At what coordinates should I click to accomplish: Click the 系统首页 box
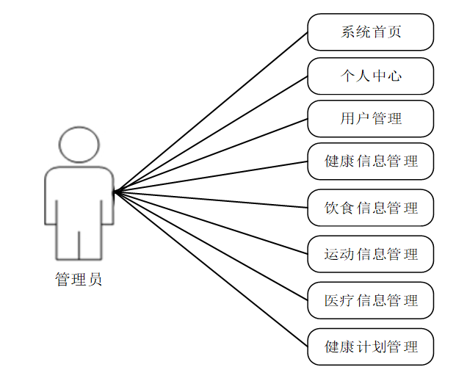370,32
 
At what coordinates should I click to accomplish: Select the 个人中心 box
370,76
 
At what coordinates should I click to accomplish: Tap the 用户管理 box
370,118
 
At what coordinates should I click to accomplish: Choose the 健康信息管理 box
370,161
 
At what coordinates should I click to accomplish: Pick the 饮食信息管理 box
370,208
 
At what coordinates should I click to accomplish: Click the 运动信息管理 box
370,254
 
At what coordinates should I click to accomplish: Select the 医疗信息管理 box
370,300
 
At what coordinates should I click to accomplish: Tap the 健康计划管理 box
370,346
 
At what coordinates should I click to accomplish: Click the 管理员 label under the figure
79,280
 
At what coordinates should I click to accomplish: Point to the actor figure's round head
79,145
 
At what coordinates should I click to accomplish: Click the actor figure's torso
79,198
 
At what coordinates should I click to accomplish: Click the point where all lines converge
115,192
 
